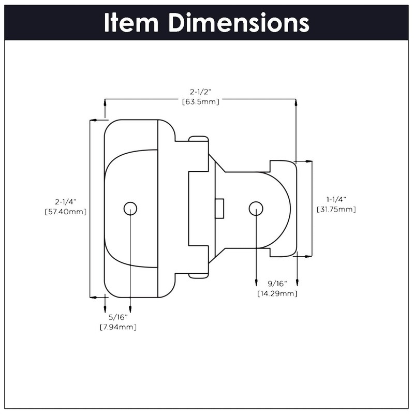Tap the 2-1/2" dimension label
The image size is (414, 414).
(200, 92)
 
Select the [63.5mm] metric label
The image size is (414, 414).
(200, 101)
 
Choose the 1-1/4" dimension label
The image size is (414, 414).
(336, 199)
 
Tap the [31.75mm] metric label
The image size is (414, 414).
(336, 209)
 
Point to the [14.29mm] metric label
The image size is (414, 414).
(277, 293)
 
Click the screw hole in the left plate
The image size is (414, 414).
(130, 208)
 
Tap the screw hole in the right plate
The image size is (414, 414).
(256, 208)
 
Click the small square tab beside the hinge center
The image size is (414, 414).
(219, 208)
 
